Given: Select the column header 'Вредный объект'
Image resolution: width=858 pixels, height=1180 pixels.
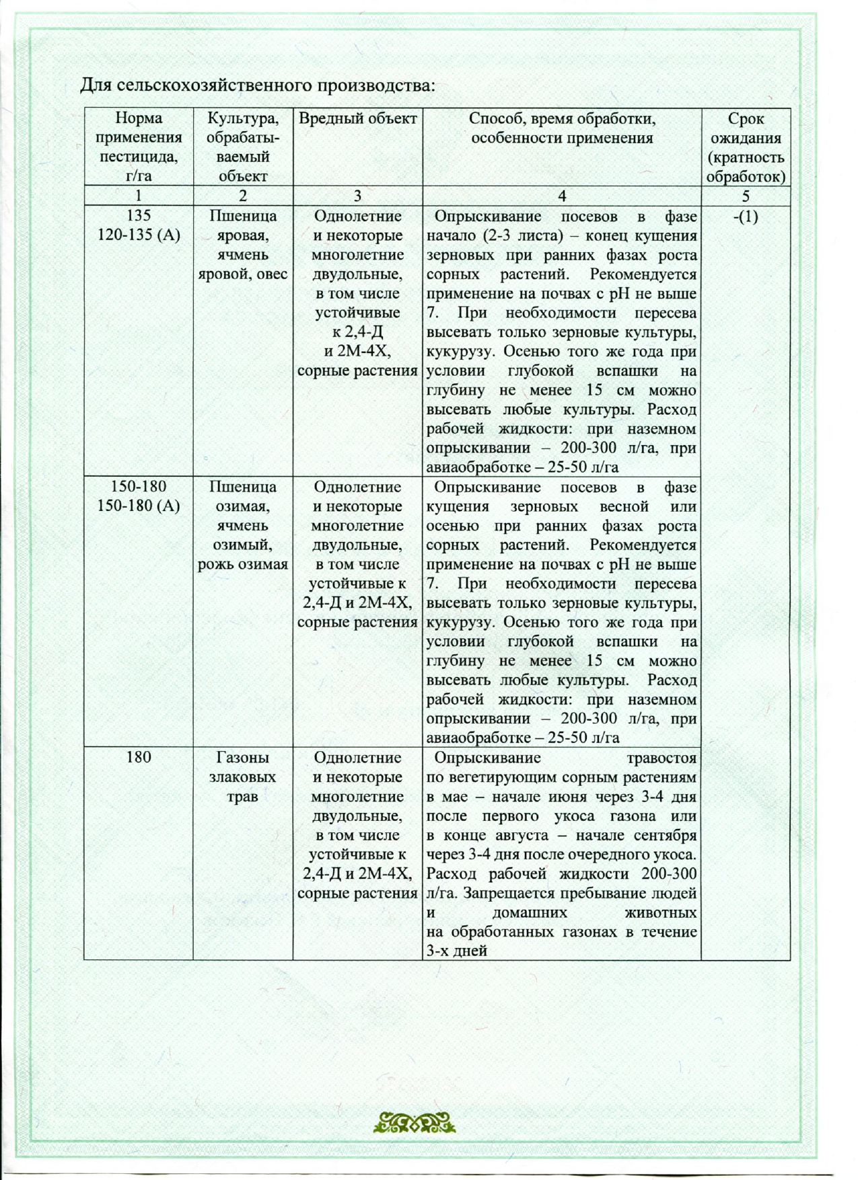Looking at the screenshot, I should tap(357, 119).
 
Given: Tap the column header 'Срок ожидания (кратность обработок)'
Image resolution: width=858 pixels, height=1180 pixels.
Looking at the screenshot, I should tap(746, 147).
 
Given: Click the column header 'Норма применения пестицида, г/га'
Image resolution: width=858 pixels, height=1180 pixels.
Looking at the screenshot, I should tap(139, 147).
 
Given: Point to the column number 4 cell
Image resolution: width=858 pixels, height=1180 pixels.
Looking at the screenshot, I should tap(562, 196).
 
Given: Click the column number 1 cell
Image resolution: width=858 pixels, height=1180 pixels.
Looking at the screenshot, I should tap(139, 196).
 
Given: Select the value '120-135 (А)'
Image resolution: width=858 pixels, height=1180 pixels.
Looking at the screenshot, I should tap(139, 235).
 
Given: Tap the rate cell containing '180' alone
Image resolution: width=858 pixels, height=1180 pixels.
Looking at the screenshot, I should tap(139, 757).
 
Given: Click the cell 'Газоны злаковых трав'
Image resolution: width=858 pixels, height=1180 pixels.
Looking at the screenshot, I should tap(242, 777).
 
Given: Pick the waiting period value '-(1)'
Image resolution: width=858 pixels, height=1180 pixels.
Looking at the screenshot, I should tap(746, 217).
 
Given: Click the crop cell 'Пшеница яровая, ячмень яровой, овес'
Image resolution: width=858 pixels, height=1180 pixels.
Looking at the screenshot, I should tap(242, 245).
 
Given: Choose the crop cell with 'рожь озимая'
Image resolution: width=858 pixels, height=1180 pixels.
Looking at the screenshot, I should tap(242, 525).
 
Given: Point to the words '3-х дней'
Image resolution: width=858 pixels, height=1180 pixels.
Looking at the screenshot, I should tap(457, 951).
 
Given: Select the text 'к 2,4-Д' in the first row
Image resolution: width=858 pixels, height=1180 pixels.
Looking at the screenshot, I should tap(357, 332).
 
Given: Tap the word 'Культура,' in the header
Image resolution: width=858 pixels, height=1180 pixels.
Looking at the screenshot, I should tap(242, 119).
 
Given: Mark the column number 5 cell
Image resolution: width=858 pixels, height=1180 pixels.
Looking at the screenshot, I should tap(746, 196).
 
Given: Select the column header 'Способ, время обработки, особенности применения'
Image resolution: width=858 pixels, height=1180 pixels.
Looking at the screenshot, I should tap(562, 128).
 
